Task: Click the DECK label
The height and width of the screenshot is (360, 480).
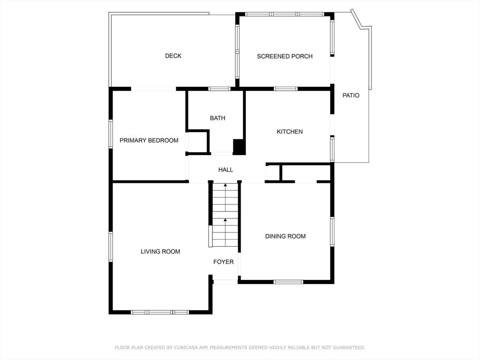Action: click(x=173, y=56)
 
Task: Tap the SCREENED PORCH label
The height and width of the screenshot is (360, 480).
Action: click(x=285, y=56)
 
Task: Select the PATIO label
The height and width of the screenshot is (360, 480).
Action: click(x=351, y=96)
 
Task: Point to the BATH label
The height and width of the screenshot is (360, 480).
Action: click(x=217, y=118)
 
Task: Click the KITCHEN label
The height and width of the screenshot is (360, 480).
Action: click(x=290, y=132)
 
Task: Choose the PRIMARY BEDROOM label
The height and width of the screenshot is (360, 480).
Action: click(x=149, y=141)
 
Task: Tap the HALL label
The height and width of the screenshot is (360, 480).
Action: click(x=225, y=170)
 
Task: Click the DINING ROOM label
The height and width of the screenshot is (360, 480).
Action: click(x=285, y=236)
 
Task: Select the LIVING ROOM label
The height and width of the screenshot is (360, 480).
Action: click(x=160, y=252)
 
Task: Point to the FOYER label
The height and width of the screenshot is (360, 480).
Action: click(x=224, y=262)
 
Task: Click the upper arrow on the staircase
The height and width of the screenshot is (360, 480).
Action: click(x=225, y=197)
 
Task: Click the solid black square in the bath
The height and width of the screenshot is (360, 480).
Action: click(x=239, y=147)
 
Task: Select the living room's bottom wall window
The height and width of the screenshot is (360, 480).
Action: click(x=160, y=312)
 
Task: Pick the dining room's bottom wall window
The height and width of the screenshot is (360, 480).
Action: click(x=288, y=282)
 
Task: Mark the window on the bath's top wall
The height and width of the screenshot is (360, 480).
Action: click(x=219, y=89)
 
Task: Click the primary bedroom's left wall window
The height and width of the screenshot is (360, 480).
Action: click(x=111, y=134)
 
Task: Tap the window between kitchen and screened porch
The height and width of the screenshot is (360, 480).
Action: click(x=285, y=89)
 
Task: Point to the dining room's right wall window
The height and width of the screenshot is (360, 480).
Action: click(x=332, y=232)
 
